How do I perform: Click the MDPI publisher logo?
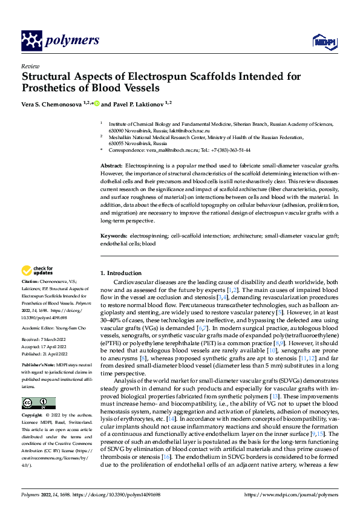pos(324,41)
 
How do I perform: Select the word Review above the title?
pos(30,66)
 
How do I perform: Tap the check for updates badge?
pos(38,270)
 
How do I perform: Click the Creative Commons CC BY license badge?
pos(38,403)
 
